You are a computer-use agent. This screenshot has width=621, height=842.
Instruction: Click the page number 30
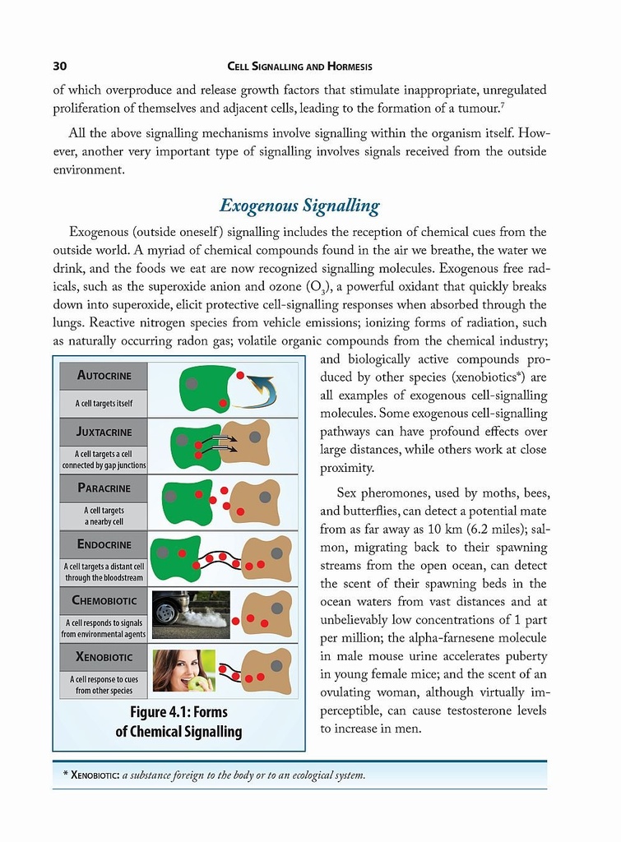tap(59, 66)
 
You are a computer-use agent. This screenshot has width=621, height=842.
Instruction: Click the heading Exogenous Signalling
tap(299, 205)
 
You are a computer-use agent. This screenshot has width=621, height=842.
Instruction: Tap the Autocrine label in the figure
tap(104, 376)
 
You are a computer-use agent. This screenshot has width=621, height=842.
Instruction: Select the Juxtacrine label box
tap(104, 432)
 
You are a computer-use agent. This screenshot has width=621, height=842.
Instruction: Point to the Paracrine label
tap(104, 488)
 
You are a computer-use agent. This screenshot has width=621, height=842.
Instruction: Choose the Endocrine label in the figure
tap(104, 544)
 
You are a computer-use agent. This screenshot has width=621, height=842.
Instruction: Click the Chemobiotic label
tap(104, 600)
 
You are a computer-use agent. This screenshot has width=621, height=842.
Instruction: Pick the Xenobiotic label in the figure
tap(104, 656)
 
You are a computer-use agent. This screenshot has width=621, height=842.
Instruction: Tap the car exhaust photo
tap(191, 615)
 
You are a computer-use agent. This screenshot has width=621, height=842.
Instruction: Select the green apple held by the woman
tap(197, 683)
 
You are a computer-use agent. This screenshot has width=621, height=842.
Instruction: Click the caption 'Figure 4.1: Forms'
tap(178, 711)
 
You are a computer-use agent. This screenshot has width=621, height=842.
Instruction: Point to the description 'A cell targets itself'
tap(104, 403)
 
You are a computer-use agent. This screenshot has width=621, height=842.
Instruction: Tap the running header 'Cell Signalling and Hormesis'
tap(299, 66)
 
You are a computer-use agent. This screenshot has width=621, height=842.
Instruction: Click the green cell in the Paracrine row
tap(186, 502)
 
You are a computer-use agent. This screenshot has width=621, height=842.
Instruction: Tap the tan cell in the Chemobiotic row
tap(267, 614)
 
